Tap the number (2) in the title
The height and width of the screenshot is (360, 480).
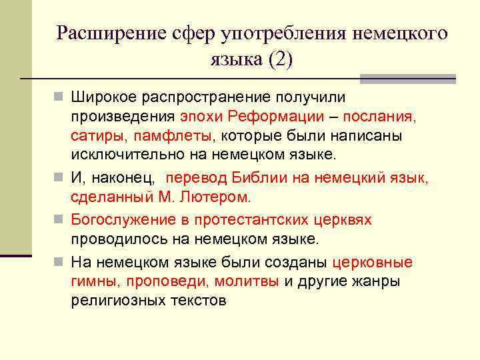[279, 59]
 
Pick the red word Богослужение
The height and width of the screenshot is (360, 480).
[118, 219]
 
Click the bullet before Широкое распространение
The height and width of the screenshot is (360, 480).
[61, 97]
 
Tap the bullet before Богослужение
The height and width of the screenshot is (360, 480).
[61, 219]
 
